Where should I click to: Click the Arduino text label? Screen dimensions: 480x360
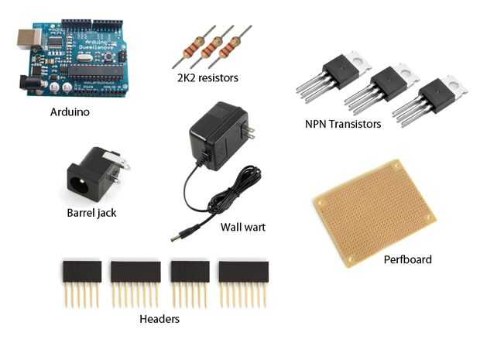pos(70,112)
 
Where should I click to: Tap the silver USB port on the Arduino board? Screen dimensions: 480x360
pos(29,39)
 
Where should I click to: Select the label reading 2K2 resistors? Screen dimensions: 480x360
pos(207,77)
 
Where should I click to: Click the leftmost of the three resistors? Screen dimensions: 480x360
pos(194,46)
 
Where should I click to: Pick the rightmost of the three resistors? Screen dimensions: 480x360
pos(230,46)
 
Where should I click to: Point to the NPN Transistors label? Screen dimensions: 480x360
pos(343,124)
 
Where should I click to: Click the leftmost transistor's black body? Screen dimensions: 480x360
pos(341,72)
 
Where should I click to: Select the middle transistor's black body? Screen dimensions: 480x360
pos(389,84)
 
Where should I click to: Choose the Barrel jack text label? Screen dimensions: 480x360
pos(91,213)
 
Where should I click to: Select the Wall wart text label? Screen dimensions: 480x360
pos(243,227)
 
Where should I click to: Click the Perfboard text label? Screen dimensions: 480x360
pos(407,259)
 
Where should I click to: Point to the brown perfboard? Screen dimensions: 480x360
pos(374,213)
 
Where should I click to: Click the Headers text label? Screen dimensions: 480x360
pos(159,319)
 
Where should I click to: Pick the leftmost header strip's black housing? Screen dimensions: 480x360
pos(82,272)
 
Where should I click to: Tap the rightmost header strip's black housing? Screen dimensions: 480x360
pos(244,272)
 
